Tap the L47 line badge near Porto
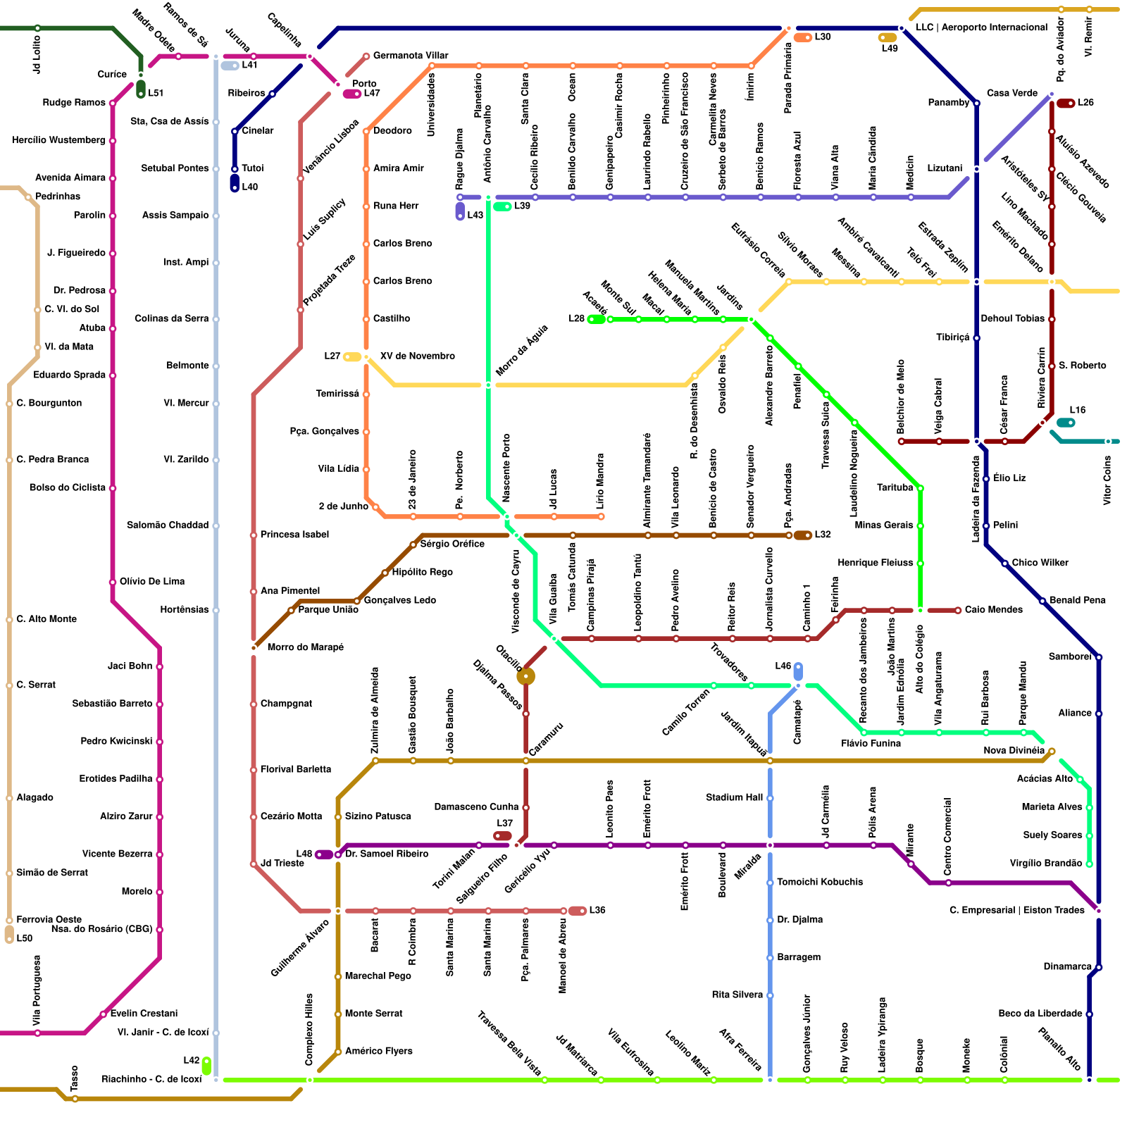coord(352,94)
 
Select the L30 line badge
coord(803,37)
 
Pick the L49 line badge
coord(888,37)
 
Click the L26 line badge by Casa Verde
coord(1066,104)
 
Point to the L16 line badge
coord(1066,423)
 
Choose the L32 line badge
coord(803,535)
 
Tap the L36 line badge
coord(578,911)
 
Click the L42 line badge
coord(206,1066)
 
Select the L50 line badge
coord(9,935)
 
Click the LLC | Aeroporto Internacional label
coord(981,27)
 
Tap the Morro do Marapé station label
coord(306,647)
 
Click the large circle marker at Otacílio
coord(525,676)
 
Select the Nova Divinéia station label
coord(1014,751)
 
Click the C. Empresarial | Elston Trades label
coord(1016,911)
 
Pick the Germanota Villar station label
coord(411,56)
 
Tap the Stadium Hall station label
coord(734,798)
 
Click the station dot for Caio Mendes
coord(958,611)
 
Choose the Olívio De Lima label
coord(152,582)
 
